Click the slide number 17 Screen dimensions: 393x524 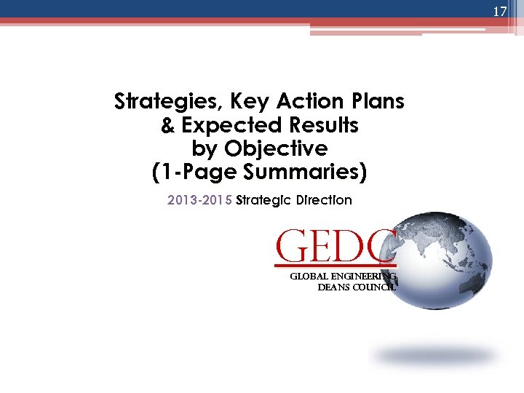[499, 12]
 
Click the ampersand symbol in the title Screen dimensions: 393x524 [167, 125]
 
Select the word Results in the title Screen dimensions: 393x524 [326, 125]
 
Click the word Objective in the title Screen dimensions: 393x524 [276, 149]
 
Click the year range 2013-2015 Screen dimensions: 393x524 [200, 200]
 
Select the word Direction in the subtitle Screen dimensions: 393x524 [325, 200]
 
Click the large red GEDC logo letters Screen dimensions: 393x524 [335, 245]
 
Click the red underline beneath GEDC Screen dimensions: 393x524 [335, 263]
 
